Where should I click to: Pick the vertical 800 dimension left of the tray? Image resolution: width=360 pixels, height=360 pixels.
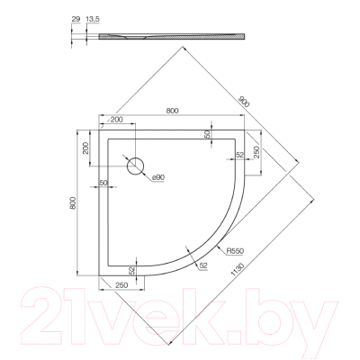[75, 204]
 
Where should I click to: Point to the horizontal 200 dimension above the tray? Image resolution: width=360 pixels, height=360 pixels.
[116, 120]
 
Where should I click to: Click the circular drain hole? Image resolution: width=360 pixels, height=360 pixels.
[137, 166]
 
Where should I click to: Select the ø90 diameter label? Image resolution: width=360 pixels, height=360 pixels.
[157, 177]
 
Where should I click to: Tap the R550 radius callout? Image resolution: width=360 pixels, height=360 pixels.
[237, 252]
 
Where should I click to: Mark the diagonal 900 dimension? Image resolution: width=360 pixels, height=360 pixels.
[244, 103]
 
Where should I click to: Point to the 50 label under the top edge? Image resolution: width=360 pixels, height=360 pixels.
[207, 133]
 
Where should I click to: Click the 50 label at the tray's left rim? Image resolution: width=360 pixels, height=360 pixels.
[104, 184]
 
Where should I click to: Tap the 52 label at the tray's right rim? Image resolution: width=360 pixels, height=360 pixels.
[240, 155]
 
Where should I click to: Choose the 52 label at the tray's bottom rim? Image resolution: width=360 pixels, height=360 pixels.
[131, 270]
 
